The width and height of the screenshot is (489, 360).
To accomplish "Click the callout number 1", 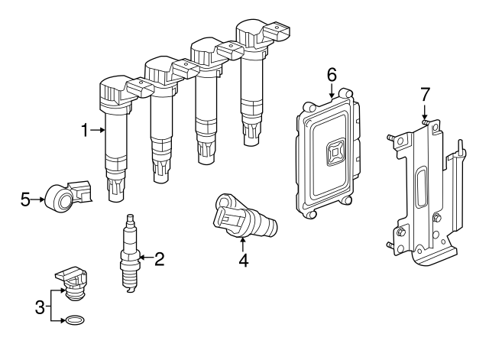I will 86,131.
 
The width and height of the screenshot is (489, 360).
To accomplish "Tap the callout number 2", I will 159,259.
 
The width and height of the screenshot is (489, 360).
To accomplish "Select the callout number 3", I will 40,308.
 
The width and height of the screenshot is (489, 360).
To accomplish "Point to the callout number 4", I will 243,261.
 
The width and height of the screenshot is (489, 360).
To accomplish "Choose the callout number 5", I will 25,200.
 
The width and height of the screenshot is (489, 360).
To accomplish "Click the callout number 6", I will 332,74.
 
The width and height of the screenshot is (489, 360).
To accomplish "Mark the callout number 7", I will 426,94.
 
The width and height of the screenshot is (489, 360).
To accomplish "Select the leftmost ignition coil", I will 114,138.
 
